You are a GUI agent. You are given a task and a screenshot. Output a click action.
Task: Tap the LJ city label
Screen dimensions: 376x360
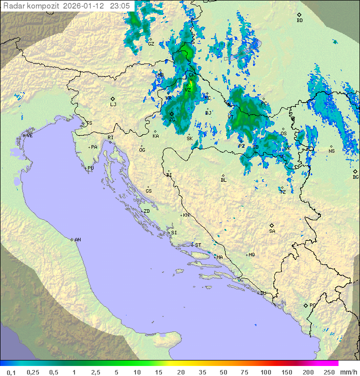click(x=113, y=105)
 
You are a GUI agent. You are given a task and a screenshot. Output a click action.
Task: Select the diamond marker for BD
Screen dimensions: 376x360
click(x=299, y=15)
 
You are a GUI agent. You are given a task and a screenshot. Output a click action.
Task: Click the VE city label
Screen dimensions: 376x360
click(x=29, y=136)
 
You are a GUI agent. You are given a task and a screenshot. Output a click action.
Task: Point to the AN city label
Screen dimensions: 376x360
click(x=77, y=240)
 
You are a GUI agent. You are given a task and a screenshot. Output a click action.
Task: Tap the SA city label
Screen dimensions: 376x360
click(x=272, y=231)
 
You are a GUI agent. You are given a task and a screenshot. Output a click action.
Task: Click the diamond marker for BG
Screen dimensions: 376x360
click(x=355, y=171)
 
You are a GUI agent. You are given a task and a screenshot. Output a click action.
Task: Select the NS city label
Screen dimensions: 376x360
click(x=331, y=151)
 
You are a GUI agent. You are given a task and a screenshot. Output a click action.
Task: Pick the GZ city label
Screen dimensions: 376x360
click(x=151, y=44)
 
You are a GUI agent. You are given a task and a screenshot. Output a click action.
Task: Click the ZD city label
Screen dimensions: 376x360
click(x=146, y=211)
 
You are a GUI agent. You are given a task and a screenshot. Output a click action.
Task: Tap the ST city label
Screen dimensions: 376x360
click(x=198, y=245)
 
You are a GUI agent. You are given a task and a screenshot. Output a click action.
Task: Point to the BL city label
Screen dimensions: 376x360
click(x=223, y=180)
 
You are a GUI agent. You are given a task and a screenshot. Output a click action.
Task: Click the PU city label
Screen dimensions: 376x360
click(x=90, y=168)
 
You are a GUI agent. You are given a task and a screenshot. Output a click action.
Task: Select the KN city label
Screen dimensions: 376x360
click(x=186, y=215)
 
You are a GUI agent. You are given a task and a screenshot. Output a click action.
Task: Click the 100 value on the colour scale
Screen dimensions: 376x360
click(x=265, y=372)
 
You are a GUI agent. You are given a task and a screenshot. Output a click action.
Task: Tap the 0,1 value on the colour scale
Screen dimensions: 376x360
click(x=11, y=372)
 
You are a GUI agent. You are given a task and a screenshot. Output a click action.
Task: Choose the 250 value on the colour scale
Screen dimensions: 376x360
click(x=328, y=372)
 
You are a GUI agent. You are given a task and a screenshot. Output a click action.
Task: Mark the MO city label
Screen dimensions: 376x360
click(x=252, y=255)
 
